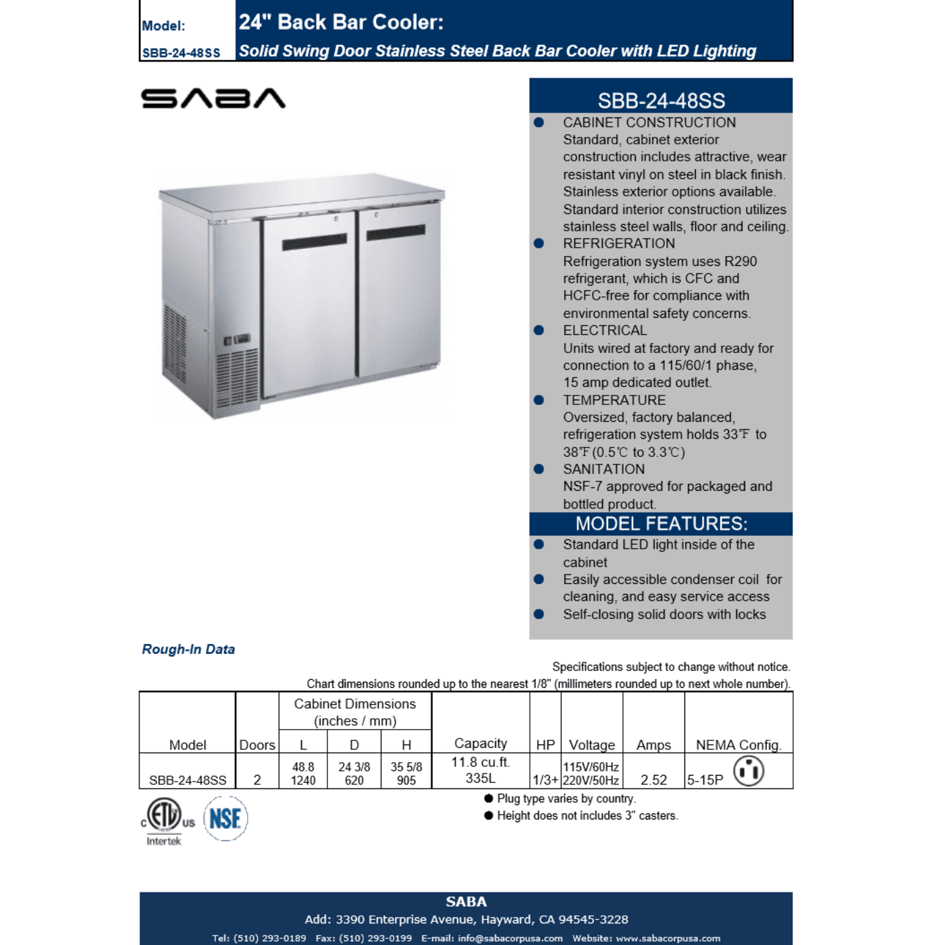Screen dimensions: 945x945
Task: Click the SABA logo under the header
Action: (x=213, y=99)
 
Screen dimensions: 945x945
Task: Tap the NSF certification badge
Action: (x=225, y=819)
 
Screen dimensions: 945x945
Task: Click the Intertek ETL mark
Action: (x=165, y=819)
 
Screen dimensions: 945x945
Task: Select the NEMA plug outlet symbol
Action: (x=749, y=771)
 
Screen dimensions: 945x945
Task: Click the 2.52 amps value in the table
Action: (x=653, y=780)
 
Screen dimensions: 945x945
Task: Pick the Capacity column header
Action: (x=481, y=743)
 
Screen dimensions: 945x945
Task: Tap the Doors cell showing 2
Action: (x=257, y=780)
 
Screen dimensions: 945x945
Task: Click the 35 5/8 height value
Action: (x=406, y=767)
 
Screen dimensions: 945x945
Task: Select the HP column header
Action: (x=545, y=745)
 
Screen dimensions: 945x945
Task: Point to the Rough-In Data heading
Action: (x=188, y=649)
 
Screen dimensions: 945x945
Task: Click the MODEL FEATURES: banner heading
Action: (x=661, y=524)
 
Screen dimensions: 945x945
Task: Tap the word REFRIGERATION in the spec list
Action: (x=618, y=244)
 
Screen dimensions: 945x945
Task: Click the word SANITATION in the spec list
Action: (x=603, y=469)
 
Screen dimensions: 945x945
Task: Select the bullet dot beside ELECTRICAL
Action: (x=539, y=331)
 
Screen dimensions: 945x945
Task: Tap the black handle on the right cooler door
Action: (x=396, y=233)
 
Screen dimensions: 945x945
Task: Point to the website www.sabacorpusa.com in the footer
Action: (x=668, y=938)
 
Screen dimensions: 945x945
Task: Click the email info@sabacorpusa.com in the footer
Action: (x=510, y=938)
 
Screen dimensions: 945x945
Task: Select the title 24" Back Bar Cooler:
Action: (x=341, y=22)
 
